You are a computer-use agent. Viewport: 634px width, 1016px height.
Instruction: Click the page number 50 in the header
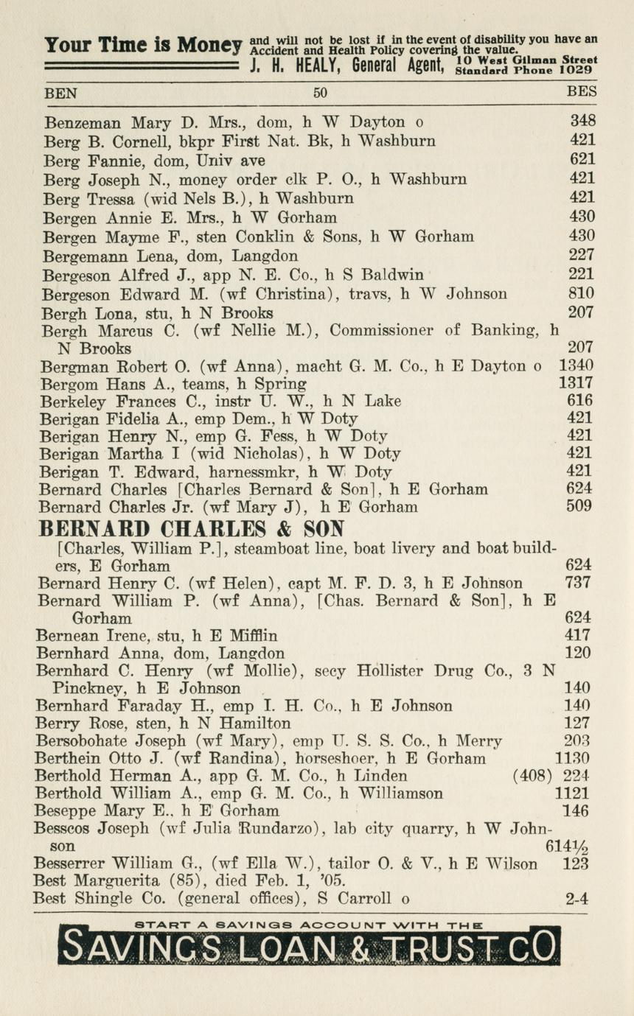[320, 94]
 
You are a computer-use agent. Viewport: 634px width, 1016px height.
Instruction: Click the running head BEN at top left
[60, 94]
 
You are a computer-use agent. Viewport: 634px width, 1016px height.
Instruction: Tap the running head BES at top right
[582, 94]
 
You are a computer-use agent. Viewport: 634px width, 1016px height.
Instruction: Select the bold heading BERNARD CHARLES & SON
[192, 529]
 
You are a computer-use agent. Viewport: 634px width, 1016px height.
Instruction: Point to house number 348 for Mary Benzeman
[583, 121]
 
